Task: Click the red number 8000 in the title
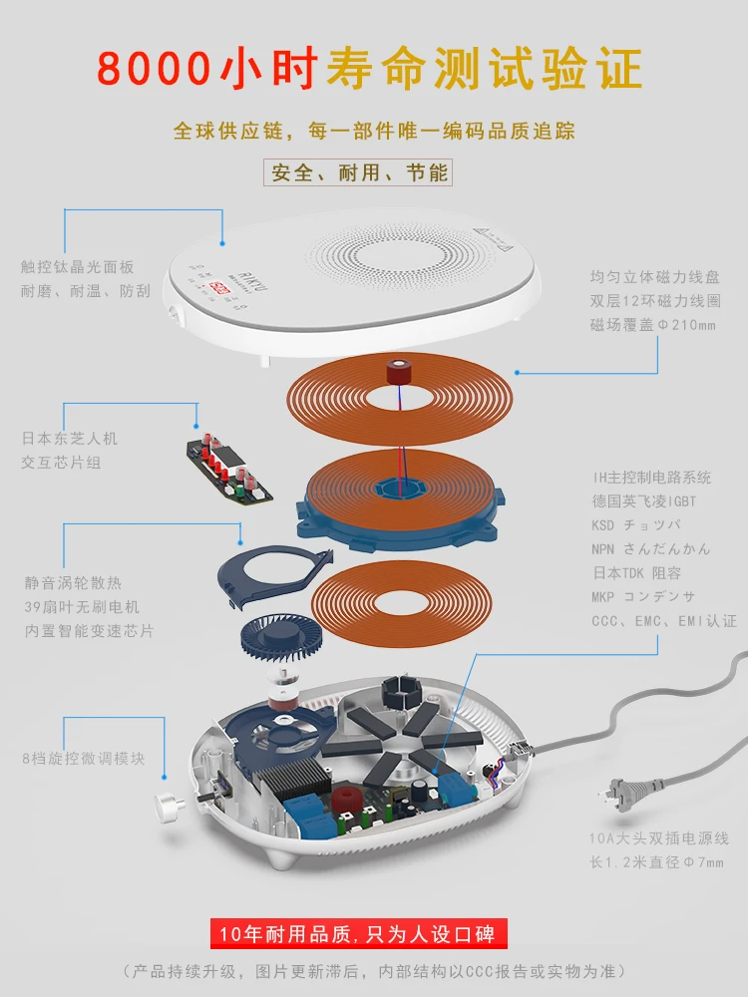point(154,68)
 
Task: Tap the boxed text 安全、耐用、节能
point(358,172)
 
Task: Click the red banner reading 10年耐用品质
point(359,933)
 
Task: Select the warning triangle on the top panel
point(493,238)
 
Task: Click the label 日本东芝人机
point(70,438)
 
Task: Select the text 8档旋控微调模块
point(84,758)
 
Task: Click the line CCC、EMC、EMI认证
point(664,620)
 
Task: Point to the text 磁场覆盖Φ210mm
point(652,325)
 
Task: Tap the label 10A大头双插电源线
point(659,838)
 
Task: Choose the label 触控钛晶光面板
point(77,267)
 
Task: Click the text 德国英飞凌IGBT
point(644,501)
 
